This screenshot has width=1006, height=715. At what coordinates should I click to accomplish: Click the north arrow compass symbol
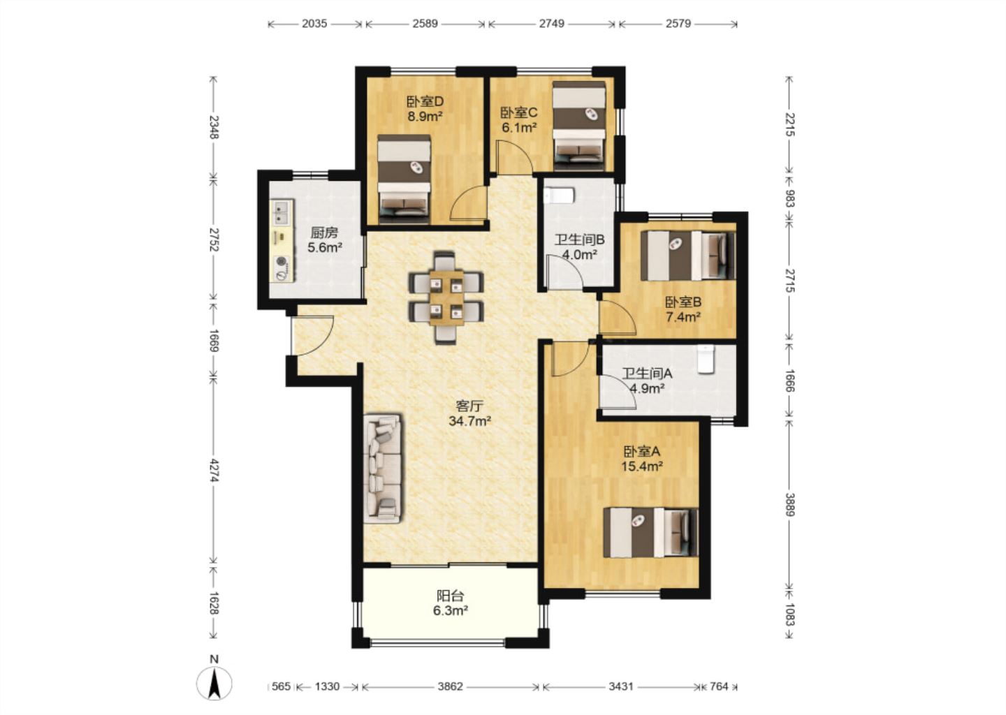click(214, 684)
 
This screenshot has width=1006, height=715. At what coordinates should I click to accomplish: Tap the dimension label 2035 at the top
click(314, 23)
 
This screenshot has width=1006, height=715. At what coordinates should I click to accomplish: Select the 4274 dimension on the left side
click(214, 471)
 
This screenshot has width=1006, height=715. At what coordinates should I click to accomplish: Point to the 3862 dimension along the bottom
click(450, 686)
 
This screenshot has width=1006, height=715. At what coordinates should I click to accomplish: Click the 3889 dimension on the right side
click(790, 505)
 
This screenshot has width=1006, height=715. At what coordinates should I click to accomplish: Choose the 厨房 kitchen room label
click(324, 233)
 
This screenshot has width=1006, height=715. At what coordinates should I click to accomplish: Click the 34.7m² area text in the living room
click(469, 421)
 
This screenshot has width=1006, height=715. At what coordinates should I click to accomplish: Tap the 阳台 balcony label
click(451, 596)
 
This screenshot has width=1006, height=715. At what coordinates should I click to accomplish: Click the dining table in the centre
click(446, 297)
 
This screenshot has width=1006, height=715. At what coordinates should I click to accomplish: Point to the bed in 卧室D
click(404, 179)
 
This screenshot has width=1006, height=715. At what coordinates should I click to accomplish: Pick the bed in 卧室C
click(579, 126)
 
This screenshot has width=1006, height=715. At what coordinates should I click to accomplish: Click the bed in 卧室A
click(651, 532)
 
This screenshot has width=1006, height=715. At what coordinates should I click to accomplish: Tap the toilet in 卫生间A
click(706, 359)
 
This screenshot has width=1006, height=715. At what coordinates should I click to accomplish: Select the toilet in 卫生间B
click(559, 196)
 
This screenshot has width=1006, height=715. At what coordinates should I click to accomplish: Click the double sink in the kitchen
click(282, 212)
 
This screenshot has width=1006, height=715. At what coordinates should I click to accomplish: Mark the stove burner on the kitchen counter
click(282, 261)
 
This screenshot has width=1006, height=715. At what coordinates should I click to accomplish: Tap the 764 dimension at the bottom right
click(719, 686)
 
